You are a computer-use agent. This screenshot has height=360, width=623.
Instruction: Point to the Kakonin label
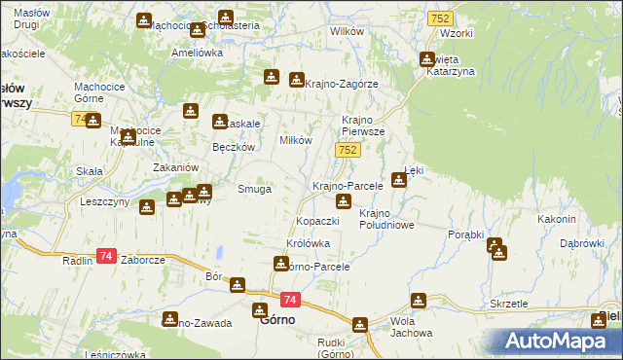557,219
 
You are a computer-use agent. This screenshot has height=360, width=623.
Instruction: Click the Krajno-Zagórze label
341,85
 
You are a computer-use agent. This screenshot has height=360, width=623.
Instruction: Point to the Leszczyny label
106,202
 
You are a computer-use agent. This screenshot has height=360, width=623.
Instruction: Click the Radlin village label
77,260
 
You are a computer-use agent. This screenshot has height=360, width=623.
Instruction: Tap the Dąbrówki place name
583,242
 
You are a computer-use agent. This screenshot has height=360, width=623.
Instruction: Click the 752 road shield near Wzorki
439,18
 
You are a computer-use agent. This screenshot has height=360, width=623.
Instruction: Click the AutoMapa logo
559,342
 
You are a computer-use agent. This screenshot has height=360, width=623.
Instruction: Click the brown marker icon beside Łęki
398,179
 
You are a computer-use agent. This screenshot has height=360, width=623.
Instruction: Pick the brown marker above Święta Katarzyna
426,59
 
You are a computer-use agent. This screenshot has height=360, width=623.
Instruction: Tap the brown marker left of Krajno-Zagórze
294,80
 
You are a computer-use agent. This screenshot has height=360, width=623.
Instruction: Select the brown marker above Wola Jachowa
419,302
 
